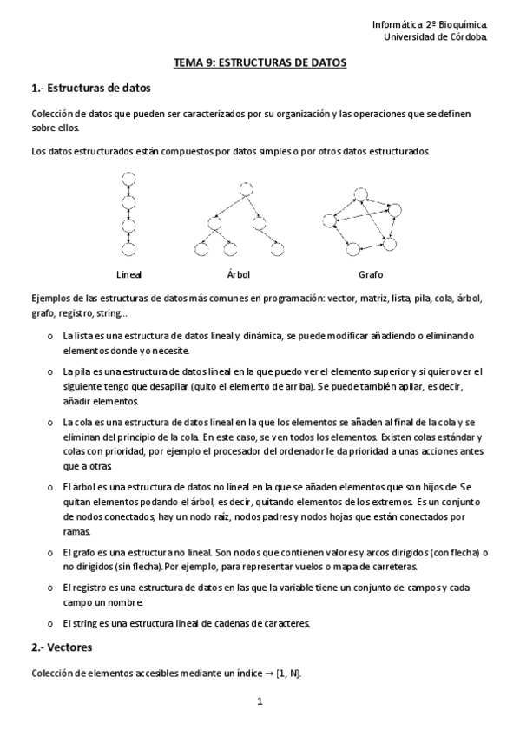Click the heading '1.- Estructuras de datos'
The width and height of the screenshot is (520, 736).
click(90, 89)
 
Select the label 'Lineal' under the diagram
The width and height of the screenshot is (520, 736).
click(128, 274)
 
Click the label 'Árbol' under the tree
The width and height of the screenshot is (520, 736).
click(238, 274)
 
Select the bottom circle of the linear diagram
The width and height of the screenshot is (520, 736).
click(128, 251)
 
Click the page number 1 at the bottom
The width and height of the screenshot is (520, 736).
click(260, 701)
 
